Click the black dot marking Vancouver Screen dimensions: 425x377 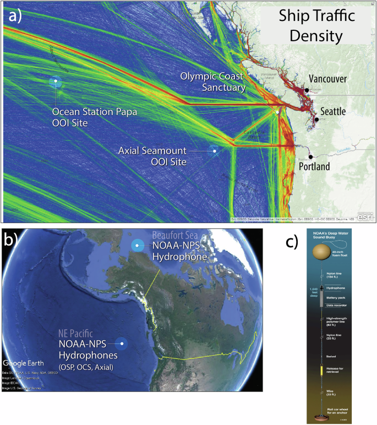(306, 90)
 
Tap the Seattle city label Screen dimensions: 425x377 (333, 112)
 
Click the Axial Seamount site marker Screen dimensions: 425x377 (214, 149)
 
